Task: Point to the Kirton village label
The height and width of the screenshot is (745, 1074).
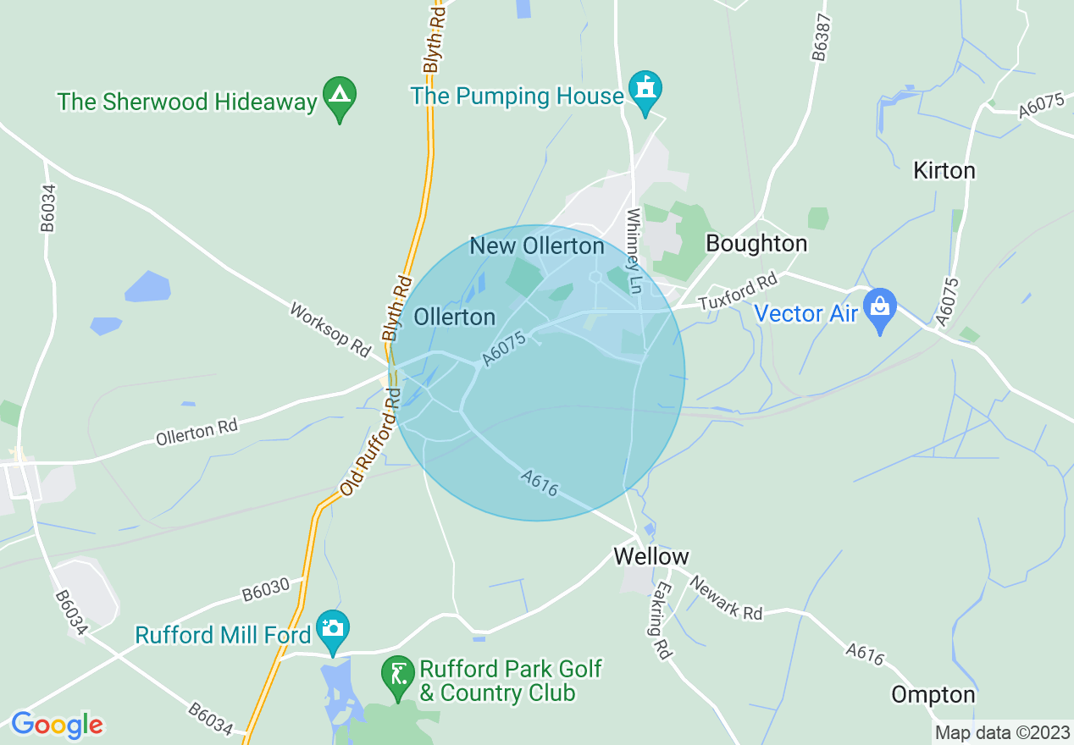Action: coord(944,170)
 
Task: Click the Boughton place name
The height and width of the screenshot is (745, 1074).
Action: coord(756,244)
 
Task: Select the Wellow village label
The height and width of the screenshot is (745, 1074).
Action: coord(650,556)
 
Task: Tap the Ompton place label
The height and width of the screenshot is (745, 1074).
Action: coord(933,695)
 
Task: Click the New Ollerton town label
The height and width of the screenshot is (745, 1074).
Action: coord(537,246)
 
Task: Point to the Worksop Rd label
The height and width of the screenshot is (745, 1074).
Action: coord(330,328)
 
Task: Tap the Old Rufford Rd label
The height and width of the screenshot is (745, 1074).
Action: coord(370,442)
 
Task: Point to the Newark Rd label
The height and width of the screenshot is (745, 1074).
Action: coord(726,597)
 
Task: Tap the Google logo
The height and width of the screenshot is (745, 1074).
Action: coord(57,724)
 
